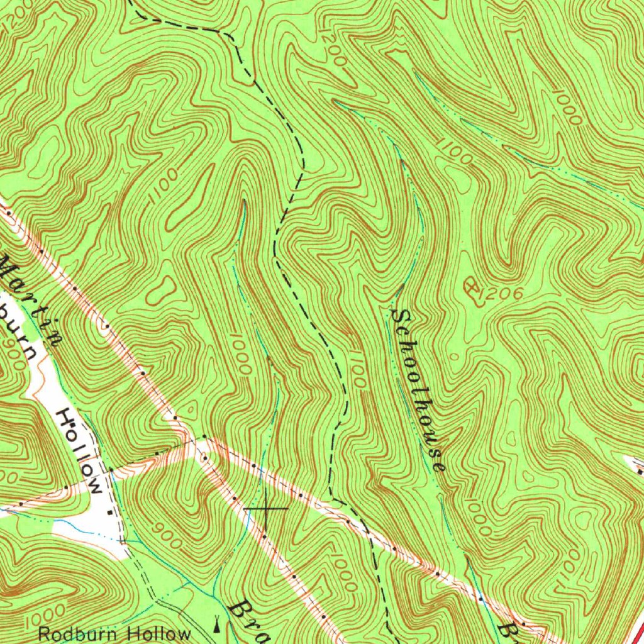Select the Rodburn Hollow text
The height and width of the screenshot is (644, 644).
[x=114, y=633]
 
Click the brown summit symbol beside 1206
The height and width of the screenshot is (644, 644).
[x=470, y=289]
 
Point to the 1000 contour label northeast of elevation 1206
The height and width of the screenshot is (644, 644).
[x=568, y=107]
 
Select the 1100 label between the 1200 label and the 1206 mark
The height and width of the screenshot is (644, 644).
[x=454, y=151]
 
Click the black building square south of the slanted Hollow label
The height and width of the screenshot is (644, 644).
[x=110, y=513]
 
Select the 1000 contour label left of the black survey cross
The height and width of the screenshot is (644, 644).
[x=240, y=355]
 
